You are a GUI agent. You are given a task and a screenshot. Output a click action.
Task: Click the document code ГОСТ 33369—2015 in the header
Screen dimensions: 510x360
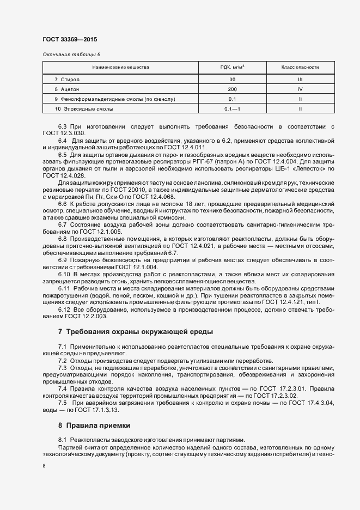coord(70,40)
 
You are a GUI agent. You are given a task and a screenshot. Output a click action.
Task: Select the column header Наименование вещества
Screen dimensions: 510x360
coord(120,68)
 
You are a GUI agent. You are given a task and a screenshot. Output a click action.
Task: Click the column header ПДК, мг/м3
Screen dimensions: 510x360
coord(232,68)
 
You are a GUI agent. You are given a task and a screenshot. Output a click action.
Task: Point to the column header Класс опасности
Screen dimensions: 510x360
coord(300,68)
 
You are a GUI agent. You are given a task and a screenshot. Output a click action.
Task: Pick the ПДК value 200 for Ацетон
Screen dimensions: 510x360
coord(232,89)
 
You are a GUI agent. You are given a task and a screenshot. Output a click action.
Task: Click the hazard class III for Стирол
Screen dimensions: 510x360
coord(300,80)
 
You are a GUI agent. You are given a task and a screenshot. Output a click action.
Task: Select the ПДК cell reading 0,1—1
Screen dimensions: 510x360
coord(232,110)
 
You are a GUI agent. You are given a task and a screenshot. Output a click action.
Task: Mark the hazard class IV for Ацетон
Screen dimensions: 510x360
coord(300,89)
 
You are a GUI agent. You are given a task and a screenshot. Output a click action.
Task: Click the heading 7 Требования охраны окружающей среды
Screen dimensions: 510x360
coord(136,332)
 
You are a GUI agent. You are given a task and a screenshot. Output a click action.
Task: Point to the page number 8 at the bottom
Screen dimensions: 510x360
coord(44,466)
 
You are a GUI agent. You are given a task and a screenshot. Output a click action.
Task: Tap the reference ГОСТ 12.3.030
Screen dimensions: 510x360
coord(63,133)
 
